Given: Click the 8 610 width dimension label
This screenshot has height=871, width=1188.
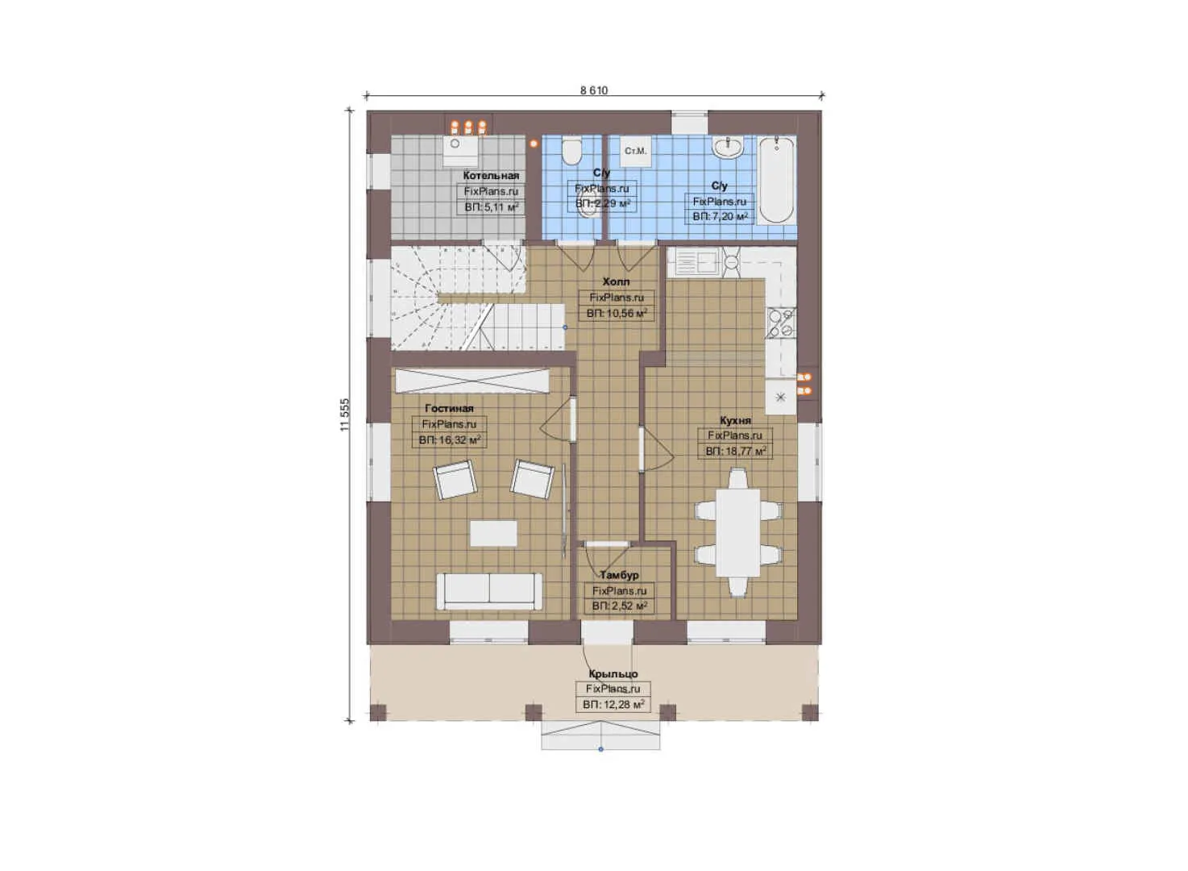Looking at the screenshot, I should (593, 90).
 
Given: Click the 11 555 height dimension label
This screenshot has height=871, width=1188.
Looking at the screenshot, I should (345, 415).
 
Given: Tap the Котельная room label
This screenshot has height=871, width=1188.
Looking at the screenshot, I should (491, 175).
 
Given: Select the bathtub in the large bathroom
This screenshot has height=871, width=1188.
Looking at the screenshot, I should (777, 180).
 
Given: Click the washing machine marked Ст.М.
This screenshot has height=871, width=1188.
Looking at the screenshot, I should (635, 151).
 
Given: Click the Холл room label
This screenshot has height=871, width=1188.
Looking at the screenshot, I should (616, 281).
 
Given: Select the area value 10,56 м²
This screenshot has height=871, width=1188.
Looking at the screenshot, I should (617, 313).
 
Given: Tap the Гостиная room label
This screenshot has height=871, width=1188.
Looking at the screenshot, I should (449, 408).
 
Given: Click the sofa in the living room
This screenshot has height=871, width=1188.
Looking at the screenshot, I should (489, 591).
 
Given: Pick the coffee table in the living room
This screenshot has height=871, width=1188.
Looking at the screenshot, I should (493, 532).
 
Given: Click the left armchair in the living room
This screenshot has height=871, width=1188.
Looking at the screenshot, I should (455, 480).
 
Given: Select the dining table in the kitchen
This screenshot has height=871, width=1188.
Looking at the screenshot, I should (738, 532).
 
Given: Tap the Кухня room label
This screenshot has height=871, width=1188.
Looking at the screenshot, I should (735, 420).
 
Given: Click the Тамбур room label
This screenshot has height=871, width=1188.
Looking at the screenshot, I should (619, 575).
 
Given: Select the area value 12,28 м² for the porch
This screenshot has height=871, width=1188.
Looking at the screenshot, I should (613, 704).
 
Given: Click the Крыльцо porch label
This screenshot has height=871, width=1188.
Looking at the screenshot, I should (613, 673).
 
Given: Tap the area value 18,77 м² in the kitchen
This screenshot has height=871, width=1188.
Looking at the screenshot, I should (735, 451).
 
